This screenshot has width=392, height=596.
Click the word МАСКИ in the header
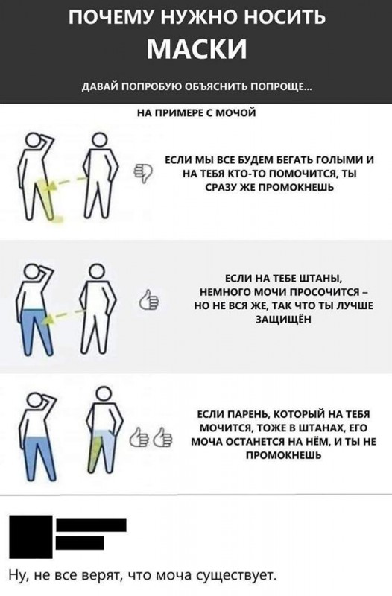pyautogui.click(x=197, y=48)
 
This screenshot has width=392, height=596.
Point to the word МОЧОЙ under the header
pyautogui.click(x=235, y=113)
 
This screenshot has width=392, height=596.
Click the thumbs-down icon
pyautogui.click(x=143, y=173)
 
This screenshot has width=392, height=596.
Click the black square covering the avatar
pyautogui.click(x=31, y=536)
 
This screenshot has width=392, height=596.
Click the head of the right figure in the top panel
pyautogui.click(x=99, y=140)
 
